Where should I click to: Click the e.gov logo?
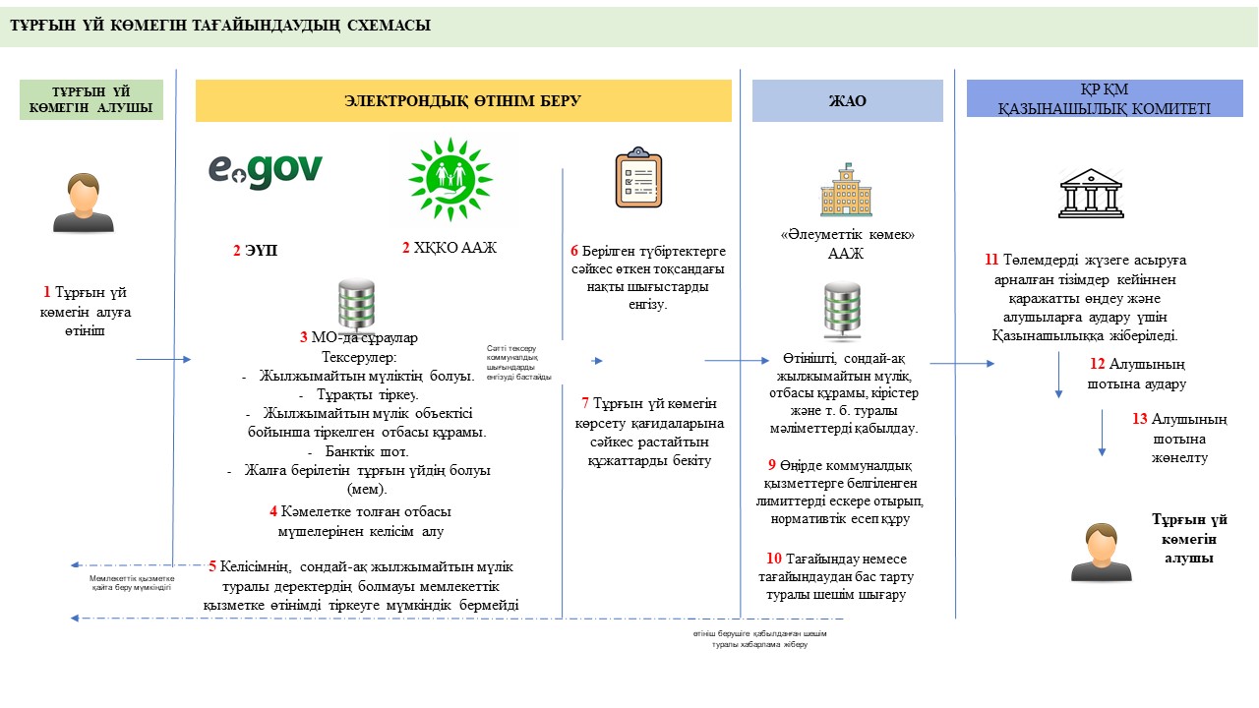coord(265,169)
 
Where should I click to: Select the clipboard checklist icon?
coord(638,178)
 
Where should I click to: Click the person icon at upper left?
coord(84,203)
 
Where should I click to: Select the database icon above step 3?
coord(355,304)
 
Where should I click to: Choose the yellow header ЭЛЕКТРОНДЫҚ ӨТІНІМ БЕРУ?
coord(463,100)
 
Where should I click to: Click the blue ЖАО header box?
coord(847,100)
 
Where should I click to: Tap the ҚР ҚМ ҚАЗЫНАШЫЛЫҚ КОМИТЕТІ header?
coord(1104,99)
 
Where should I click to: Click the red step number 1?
coord(46,292)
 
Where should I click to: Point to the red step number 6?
coord(573,251)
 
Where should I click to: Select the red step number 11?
coord(991,261)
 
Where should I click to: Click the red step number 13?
coord(1139,419)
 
